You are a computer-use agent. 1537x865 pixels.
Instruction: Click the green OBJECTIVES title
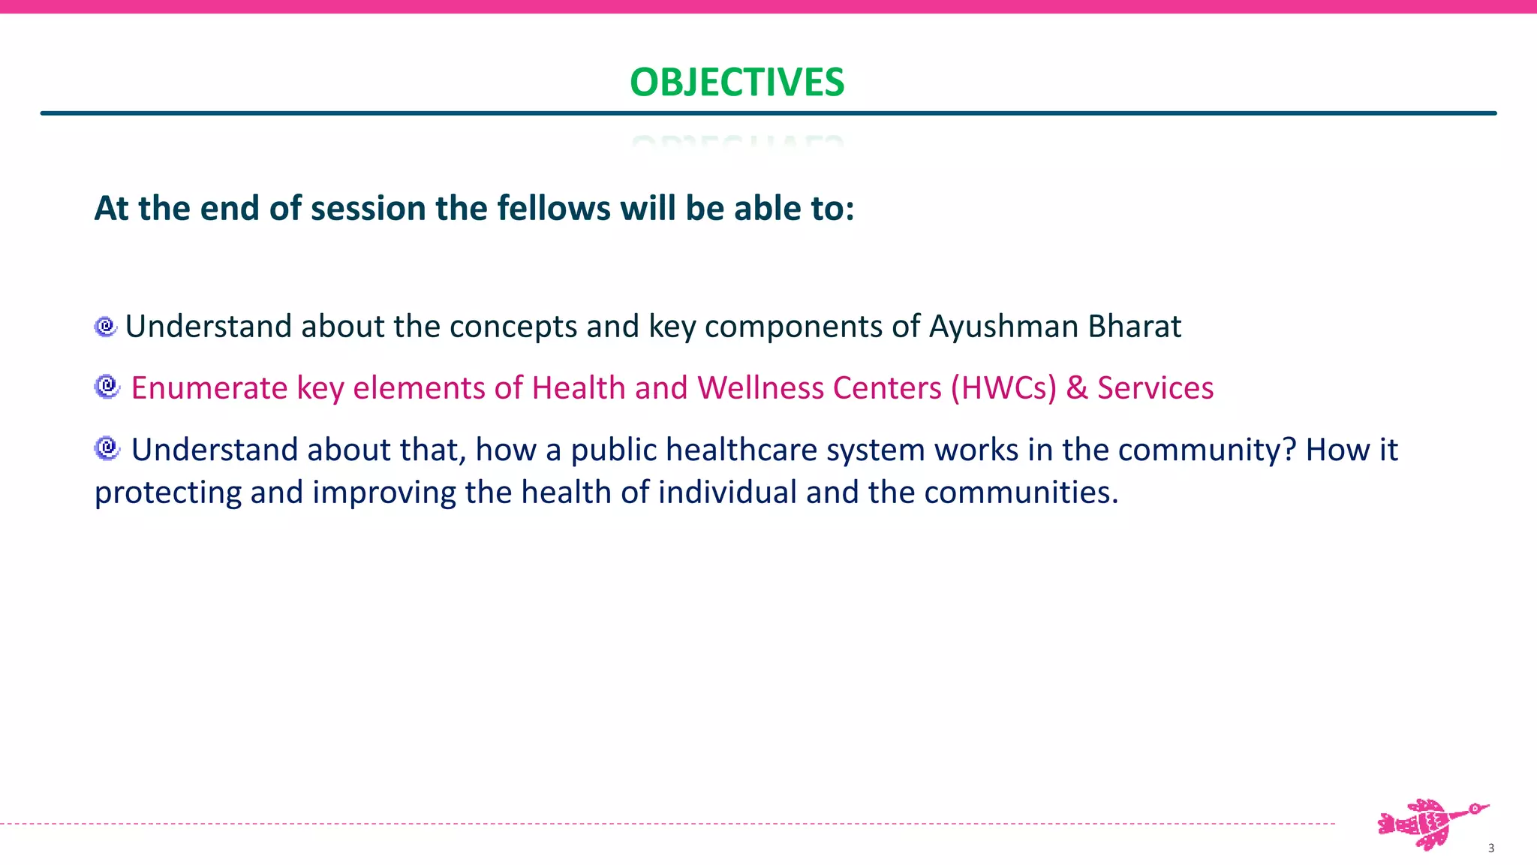[x=737, y=82]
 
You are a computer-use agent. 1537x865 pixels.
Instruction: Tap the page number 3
[x=1490, y=848]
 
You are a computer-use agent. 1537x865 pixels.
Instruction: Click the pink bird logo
[x=1431, y=824]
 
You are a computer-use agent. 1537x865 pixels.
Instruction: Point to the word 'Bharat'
[x=1135, y=327]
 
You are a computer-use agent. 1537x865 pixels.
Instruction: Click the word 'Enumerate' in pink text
[x=209, y=388]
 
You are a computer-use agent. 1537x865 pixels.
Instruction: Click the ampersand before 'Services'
[x=1076, y=388]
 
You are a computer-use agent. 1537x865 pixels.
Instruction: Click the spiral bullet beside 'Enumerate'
[x=107, y=387]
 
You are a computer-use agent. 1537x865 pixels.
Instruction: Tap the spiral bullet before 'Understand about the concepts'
[x=106, y=327]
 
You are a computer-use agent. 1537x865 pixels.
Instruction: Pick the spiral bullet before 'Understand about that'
[x=107, y=448]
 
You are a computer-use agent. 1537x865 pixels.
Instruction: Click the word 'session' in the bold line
[x=368, y=208]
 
